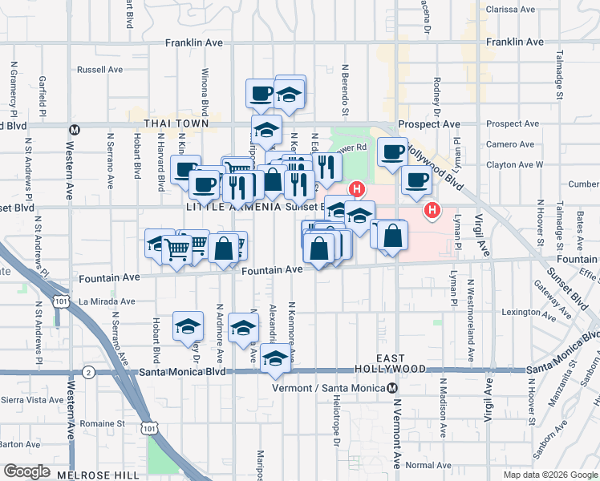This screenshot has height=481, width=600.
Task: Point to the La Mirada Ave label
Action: pos(107,301)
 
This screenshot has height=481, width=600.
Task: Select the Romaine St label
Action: pos(103,423)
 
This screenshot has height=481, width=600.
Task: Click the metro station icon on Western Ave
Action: pos(75,129)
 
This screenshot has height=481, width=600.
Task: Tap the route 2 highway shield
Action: pos(88,372)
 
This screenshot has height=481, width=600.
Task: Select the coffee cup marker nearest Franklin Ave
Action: pos(261,93)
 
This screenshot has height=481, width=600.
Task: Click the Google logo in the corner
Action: pos(26,471)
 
